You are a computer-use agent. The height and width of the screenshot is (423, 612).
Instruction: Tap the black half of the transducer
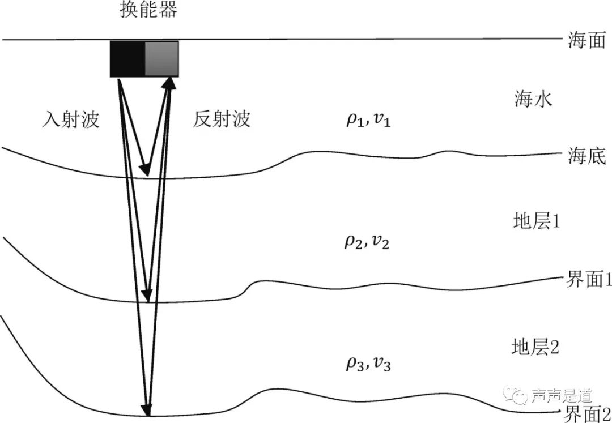(x=127, y=58)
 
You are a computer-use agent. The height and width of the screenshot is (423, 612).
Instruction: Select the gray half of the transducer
(x=161, y=58)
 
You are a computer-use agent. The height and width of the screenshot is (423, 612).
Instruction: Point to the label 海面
(x=586, y=41)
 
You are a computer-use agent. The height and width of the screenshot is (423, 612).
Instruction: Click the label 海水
(x=533, y=100)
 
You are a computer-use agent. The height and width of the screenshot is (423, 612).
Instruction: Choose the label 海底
(x=586, y=156)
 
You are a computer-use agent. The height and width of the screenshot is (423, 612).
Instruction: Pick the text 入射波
(x=71, y=119)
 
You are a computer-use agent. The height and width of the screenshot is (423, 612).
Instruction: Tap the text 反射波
(x=222, y=119)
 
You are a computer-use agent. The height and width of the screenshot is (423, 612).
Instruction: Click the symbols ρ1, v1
(x=368, y=121)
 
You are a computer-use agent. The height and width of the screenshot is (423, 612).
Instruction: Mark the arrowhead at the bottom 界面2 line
(x=148, y=409)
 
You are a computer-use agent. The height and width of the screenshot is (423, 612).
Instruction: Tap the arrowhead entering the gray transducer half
(x=169, y=84)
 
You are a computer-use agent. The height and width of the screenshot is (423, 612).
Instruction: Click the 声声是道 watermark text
(x=561, y=395)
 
